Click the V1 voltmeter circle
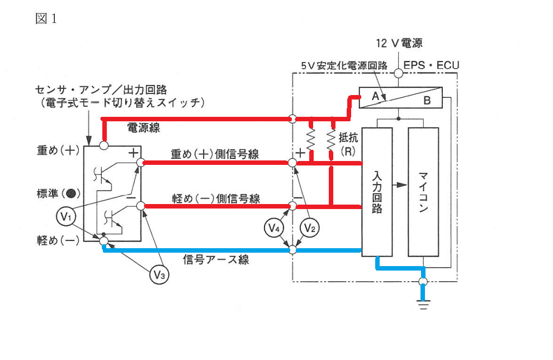point(66,216)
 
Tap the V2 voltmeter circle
point(309,228)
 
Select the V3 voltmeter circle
point(159,274)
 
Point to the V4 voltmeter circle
point(274,228)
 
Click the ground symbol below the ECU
point(423,304)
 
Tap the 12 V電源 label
point(399,44)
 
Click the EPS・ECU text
point(431,65)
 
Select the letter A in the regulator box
point(375,96)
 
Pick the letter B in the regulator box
point(427,101)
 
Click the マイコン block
point(423,192)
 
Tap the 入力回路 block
point(377,192)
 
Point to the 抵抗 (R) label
point(348,144)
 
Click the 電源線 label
point(144,127)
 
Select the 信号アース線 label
point(216,260)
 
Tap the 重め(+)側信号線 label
point(215,154)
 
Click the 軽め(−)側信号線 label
point(216,198)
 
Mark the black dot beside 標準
point(71,193)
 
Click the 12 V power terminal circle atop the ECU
point(399,73)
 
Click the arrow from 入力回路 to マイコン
point(400,185)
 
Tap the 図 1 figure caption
point(46,18)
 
